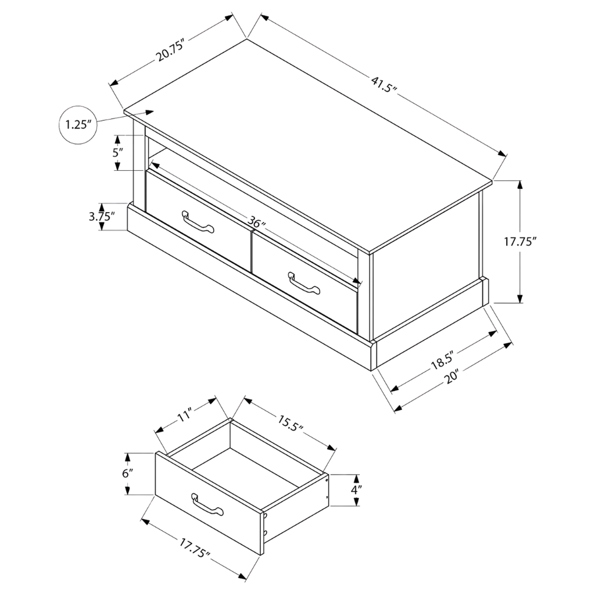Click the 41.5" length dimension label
point(384,87)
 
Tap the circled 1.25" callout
point(78,125)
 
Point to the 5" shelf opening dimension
point(118,152)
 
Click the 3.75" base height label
point(102,217)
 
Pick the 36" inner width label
point(257,222)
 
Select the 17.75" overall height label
point(520,241)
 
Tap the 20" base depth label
point(453,377)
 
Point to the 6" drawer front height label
point(128,474)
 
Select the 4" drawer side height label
point(355,490)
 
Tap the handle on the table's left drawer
point(198,222)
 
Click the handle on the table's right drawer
point(304,283)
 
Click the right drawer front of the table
point(304,282)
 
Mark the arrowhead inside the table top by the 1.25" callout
point(148,112)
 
